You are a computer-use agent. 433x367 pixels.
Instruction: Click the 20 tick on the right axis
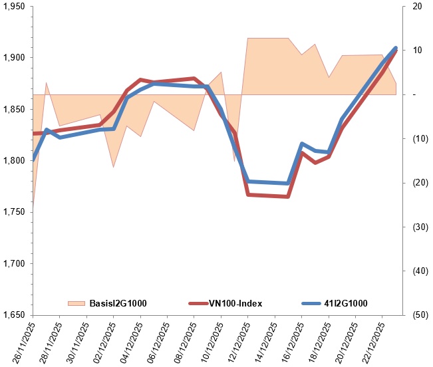[x=417, y=7]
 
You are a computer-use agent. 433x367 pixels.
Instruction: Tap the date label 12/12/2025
[x=237, y=342]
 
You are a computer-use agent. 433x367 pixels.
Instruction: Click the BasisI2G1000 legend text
[x=118, y=303]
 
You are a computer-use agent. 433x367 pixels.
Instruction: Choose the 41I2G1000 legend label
[x=347, y=303]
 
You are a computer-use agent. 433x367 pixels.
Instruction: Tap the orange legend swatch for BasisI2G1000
[x=77, y=303]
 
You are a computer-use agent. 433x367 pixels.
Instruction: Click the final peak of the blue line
[x=396, y=48]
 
